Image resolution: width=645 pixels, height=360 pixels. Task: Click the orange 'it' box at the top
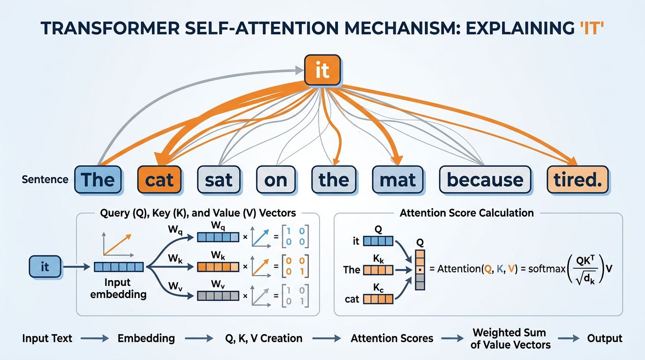coord(322,71)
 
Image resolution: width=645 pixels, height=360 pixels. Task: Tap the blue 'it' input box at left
coord(45,267)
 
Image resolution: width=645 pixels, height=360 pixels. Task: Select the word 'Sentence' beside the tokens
coord(45,180)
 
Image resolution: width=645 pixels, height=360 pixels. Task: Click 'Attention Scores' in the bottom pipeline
coord(392,338)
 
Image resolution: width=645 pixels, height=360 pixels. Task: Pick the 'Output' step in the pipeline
coord(605,338)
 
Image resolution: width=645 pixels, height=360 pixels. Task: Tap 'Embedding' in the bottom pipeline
coord(146,338)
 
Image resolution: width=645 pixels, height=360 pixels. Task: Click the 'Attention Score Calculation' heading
coord(466,213)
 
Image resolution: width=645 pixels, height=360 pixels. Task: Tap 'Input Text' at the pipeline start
coord(47,338)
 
